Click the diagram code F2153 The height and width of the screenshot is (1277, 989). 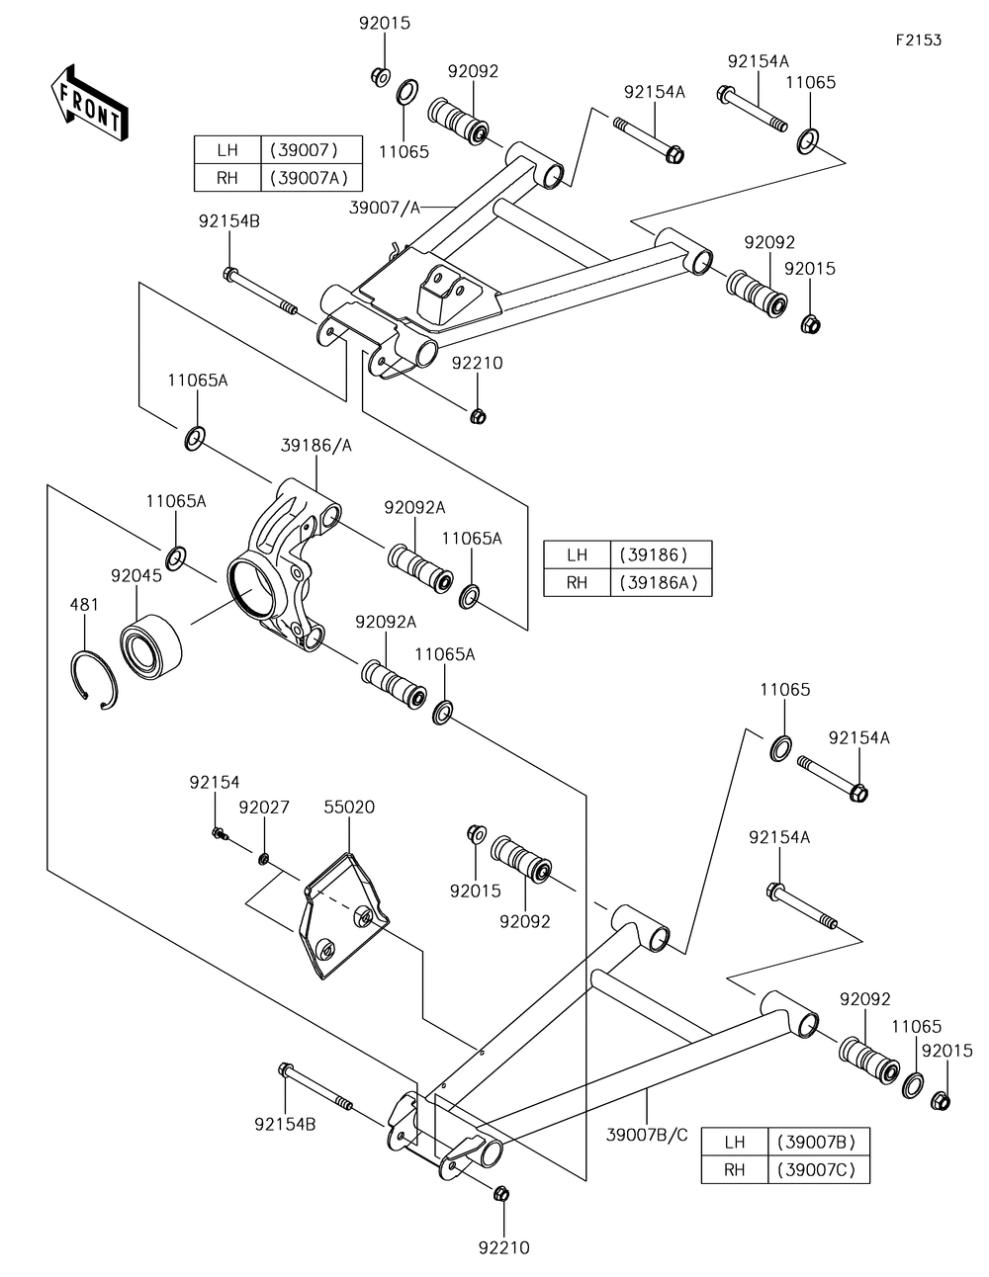(919, 41)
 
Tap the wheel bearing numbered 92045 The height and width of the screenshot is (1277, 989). (151, 646)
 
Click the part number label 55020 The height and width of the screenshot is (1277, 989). (349, 807)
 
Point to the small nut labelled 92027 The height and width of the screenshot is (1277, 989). (264, 859)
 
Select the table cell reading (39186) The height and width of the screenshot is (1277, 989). (661, 554)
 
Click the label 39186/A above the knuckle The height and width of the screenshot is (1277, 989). (316, 446)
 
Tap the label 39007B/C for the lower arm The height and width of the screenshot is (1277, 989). (647, 1135)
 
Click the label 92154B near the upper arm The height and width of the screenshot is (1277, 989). (229, 221)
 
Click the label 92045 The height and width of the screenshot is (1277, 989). (136, 576)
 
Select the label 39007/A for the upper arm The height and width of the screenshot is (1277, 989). (385, 207)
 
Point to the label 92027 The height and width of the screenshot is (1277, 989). (264, 808)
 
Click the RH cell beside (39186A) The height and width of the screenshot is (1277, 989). (577, 582)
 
